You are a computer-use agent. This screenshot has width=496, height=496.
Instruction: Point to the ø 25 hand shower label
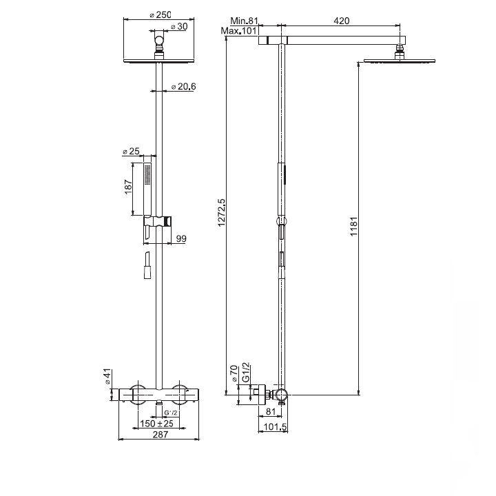(x=131, y=151)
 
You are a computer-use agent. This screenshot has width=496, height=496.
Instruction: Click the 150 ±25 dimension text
(x=157, y=422)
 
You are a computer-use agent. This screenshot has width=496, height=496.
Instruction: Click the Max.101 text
(x=239, y=31)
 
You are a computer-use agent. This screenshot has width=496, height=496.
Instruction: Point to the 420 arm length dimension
(x=341, y=21)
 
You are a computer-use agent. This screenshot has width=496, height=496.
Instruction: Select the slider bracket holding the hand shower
(x=157, y=222)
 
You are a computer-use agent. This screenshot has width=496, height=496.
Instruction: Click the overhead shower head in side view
(x=389, y=61)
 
